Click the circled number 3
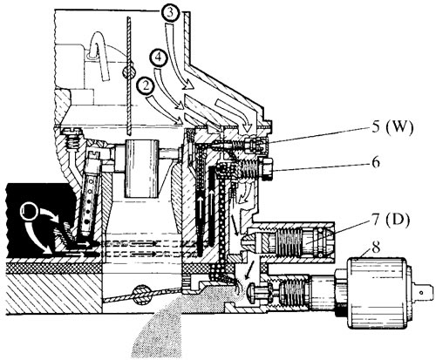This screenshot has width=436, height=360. click(172, 14)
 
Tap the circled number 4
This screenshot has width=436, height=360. click(159, 59)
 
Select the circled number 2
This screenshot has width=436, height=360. click(146, 86)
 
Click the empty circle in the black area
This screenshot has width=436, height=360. click(28, 212)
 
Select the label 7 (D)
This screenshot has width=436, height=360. click(391, 220)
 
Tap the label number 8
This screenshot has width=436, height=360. click(376, 247)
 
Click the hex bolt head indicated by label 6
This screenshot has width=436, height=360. click(266, 168)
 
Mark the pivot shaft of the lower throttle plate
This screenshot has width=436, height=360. click(141, 295)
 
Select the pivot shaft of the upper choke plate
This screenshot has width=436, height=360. click(129, 71)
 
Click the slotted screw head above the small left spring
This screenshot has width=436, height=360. click(71, 132)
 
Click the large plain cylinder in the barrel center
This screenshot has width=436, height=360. click(142, 169)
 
